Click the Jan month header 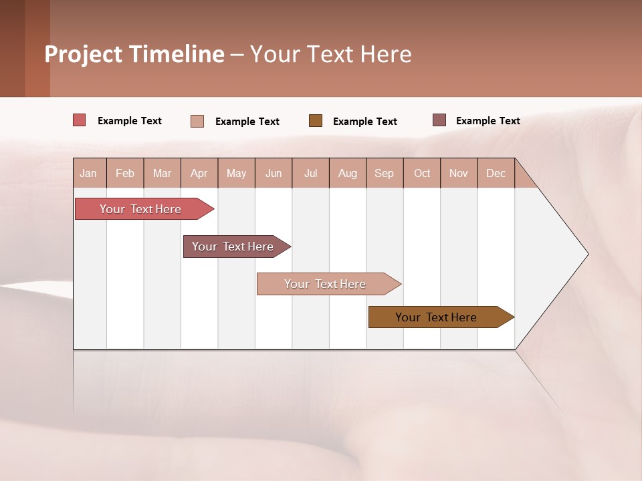89,173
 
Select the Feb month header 125,173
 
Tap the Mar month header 162,173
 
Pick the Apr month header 199,173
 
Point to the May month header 236,173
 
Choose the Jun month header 274,173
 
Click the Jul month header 310,173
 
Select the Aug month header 348,173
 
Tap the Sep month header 385,173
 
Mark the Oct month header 422,173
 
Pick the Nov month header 459,173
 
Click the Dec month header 496,173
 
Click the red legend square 80,120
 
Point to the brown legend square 316,120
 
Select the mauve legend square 439,120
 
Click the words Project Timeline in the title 134,54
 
